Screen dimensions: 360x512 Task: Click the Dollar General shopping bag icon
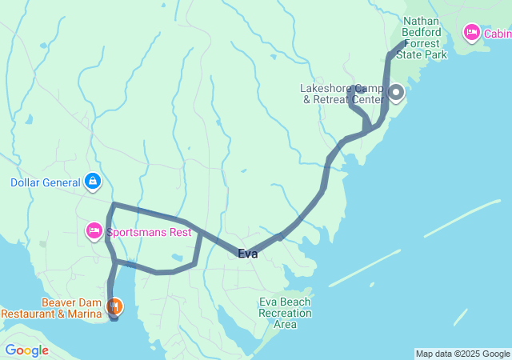(94, 182)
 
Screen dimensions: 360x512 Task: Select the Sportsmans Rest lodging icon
(94, 232)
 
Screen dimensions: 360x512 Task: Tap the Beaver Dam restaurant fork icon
(115, 306)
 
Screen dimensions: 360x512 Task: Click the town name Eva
(247, 254)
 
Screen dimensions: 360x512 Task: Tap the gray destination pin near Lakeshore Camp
(395, 94)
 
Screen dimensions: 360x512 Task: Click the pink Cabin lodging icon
(471, 33)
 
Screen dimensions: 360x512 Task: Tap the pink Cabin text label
(497, 34)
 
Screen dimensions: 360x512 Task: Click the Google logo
(26, 350)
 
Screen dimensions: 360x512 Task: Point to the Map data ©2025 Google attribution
(462, 354)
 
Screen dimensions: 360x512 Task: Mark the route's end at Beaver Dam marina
(114, 318)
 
